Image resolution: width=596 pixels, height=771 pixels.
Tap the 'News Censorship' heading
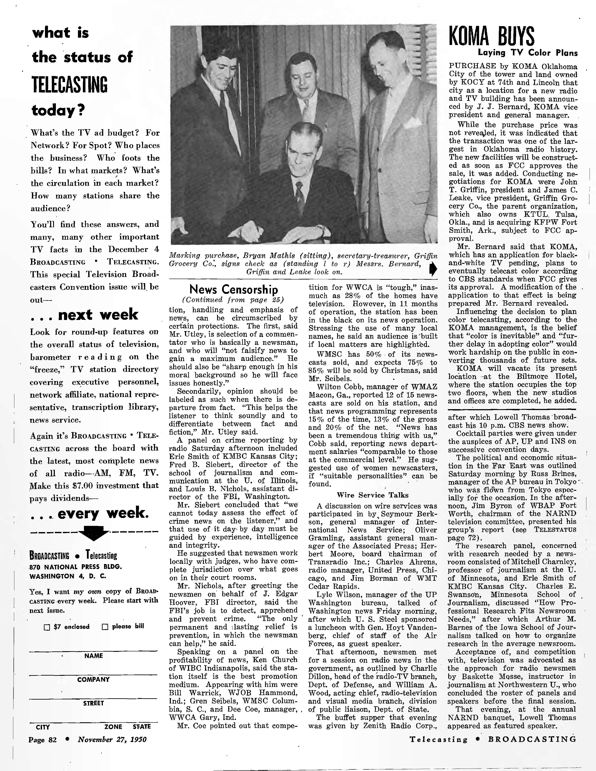coord(234,289)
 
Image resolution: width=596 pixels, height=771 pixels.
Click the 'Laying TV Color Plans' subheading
coord(528,53)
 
